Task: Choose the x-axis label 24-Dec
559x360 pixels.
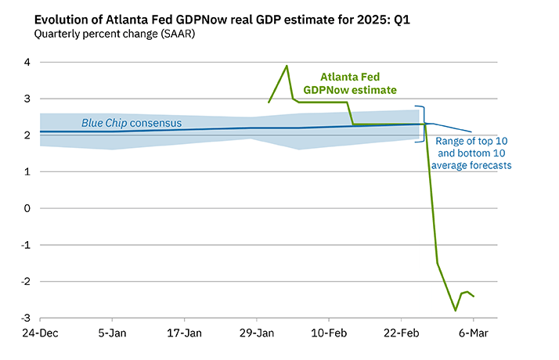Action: pyautogui.click(x=40, y=333)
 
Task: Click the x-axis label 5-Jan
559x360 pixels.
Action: pyautogui.click(x=113, y=333)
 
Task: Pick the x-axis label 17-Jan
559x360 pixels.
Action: pyautogui.click(x=185, y=333)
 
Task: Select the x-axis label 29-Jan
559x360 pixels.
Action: pyautogui.click(x=257, y=333)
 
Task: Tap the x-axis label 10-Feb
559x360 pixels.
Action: pyautogui.click(x=329, y=333)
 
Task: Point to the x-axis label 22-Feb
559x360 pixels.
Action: pyautogui.click(x=401, y=333)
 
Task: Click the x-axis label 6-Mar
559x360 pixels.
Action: pyautogui.click(x=473, y=333)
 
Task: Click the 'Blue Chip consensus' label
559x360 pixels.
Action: pyautogui.click(x=132, y=124)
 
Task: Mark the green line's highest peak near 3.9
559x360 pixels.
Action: pyautogui.click(x=287, y=66)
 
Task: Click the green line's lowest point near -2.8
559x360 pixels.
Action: pyautogui.click(x=455, y=311)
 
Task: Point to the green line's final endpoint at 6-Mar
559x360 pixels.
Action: pyautogui.click(x=473, y=296)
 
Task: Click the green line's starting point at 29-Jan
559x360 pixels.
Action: pyautogui.click(x=269, y=103)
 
